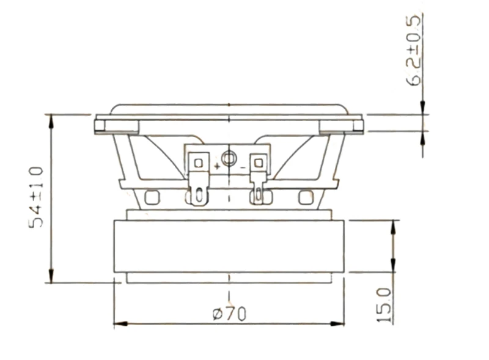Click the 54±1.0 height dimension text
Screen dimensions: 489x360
pyautogui.click(x=36, y=197)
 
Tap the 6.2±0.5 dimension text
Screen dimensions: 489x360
pyautogui.click(x=414, y=50)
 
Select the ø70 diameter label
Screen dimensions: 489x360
pyautogui.click(x=229, y=314)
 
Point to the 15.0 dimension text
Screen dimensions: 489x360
pyautogui.click(x=384, y=305)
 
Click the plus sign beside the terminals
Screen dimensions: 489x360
pyautogui.click(x=217, y=166)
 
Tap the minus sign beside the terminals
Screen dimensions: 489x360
pyautogui.click(x=243, y=168)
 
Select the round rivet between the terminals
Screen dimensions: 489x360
pyautogui.click(x=229, y=159)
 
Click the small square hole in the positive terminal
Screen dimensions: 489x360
pyautogui.click(x=198, y=163)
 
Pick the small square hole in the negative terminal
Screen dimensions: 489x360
pyautogui.click(x=259, y=163)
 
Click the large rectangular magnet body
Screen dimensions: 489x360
pyautogui.click(x=229, y=246)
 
